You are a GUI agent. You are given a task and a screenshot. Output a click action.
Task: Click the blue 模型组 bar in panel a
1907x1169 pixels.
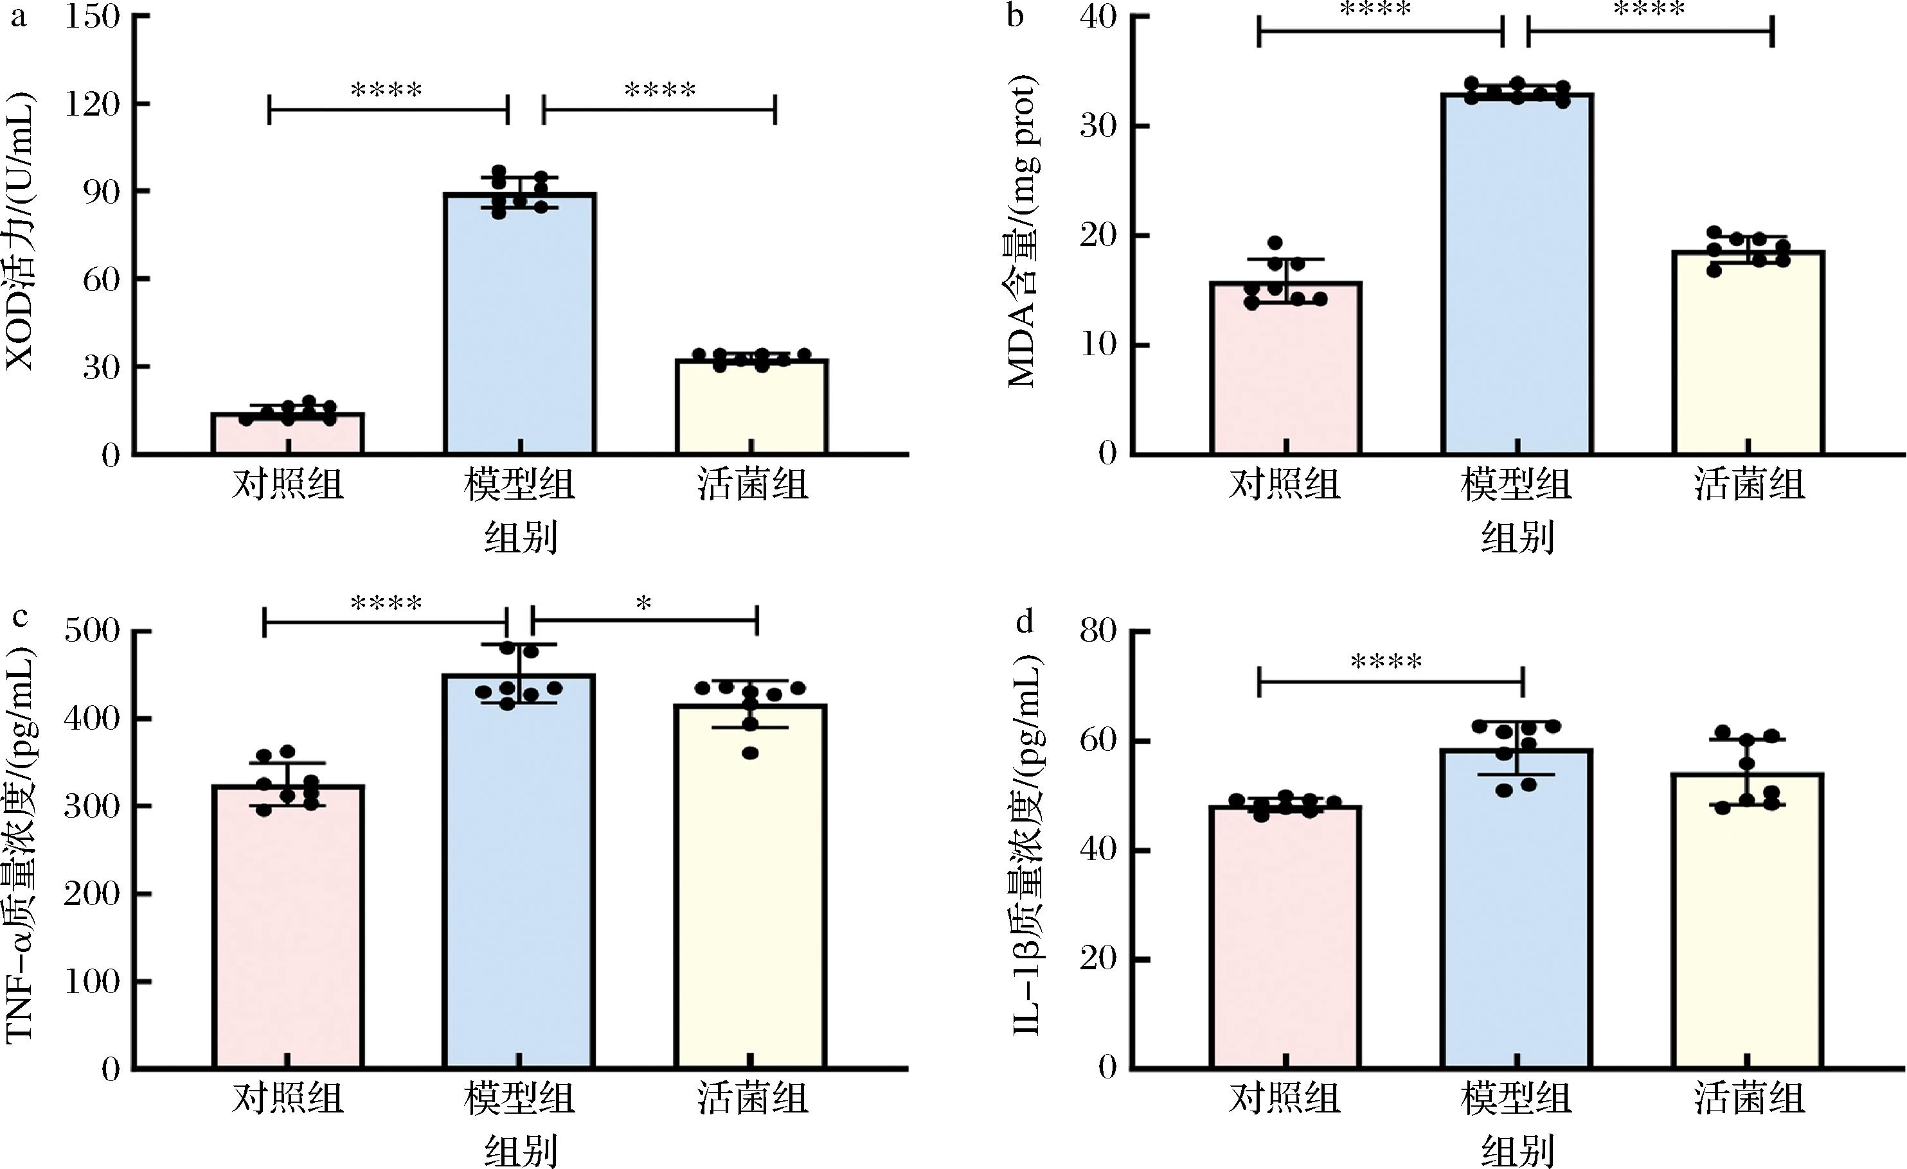pyautogui.click(x=519, y=325)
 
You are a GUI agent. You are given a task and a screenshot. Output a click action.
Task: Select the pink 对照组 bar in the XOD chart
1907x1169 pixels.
pyautogui.click(x=288, y=434)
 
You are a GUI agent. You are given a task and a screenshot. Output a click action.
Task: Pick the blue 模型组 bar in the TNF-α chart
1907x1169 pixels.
pyautogui.click(x=519, y=874)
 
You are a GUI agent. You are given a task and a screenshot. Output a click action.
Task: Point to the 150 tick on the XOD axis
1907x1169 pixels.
pyautogui.click(x=92, y=17)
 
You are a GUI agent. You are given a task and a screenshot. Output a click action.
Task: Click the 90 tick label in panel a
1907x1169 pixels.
pyautogui.click(x=101, y=192)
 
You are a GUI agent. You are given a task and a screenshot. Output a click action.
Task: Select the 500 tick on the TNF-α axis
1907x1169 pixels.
pyautogui.click(x=92, y=631)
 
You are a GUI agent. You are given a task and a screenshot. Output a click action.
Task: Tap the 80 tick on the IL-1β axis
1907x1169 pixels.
pyautogui.click(x=1099, y=631)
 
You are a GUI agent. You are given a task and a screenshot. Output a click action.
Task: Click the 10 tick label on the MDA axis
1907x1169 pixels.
pyautogui.click(x=1099, y=345)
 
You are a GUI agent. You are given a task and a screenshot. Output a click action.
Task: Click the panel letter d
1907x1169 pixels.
pyautogui.click(x=1025, y=620)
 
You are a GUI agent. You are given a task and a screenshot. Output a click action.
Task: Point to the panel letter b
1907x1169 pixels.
pyautogui.click(x=1016, y=15)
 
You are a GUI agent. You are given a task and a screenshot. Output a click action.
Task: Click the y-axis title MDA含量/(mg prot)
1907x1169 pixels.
pyautogui.click(x=1021, y=232)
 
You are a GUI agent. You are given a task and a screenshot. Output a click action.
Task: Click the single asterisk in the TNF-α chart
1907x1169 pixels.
pyautogui.click(x=644, y=604)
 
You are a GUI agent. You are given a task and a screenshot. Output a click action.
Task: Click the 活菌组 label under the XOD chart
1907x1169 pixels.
pyautogui.click(x=752, y=485)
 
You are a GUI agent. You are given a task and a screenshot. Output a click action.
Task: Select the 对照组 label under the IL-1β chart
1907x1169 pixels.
pyautogui.click(x=1285, y=1098)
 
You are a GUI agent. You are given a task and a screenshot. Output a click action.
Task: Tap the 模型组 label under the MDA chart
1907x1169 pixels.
pyautogui.click(x=1516, y=485)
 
